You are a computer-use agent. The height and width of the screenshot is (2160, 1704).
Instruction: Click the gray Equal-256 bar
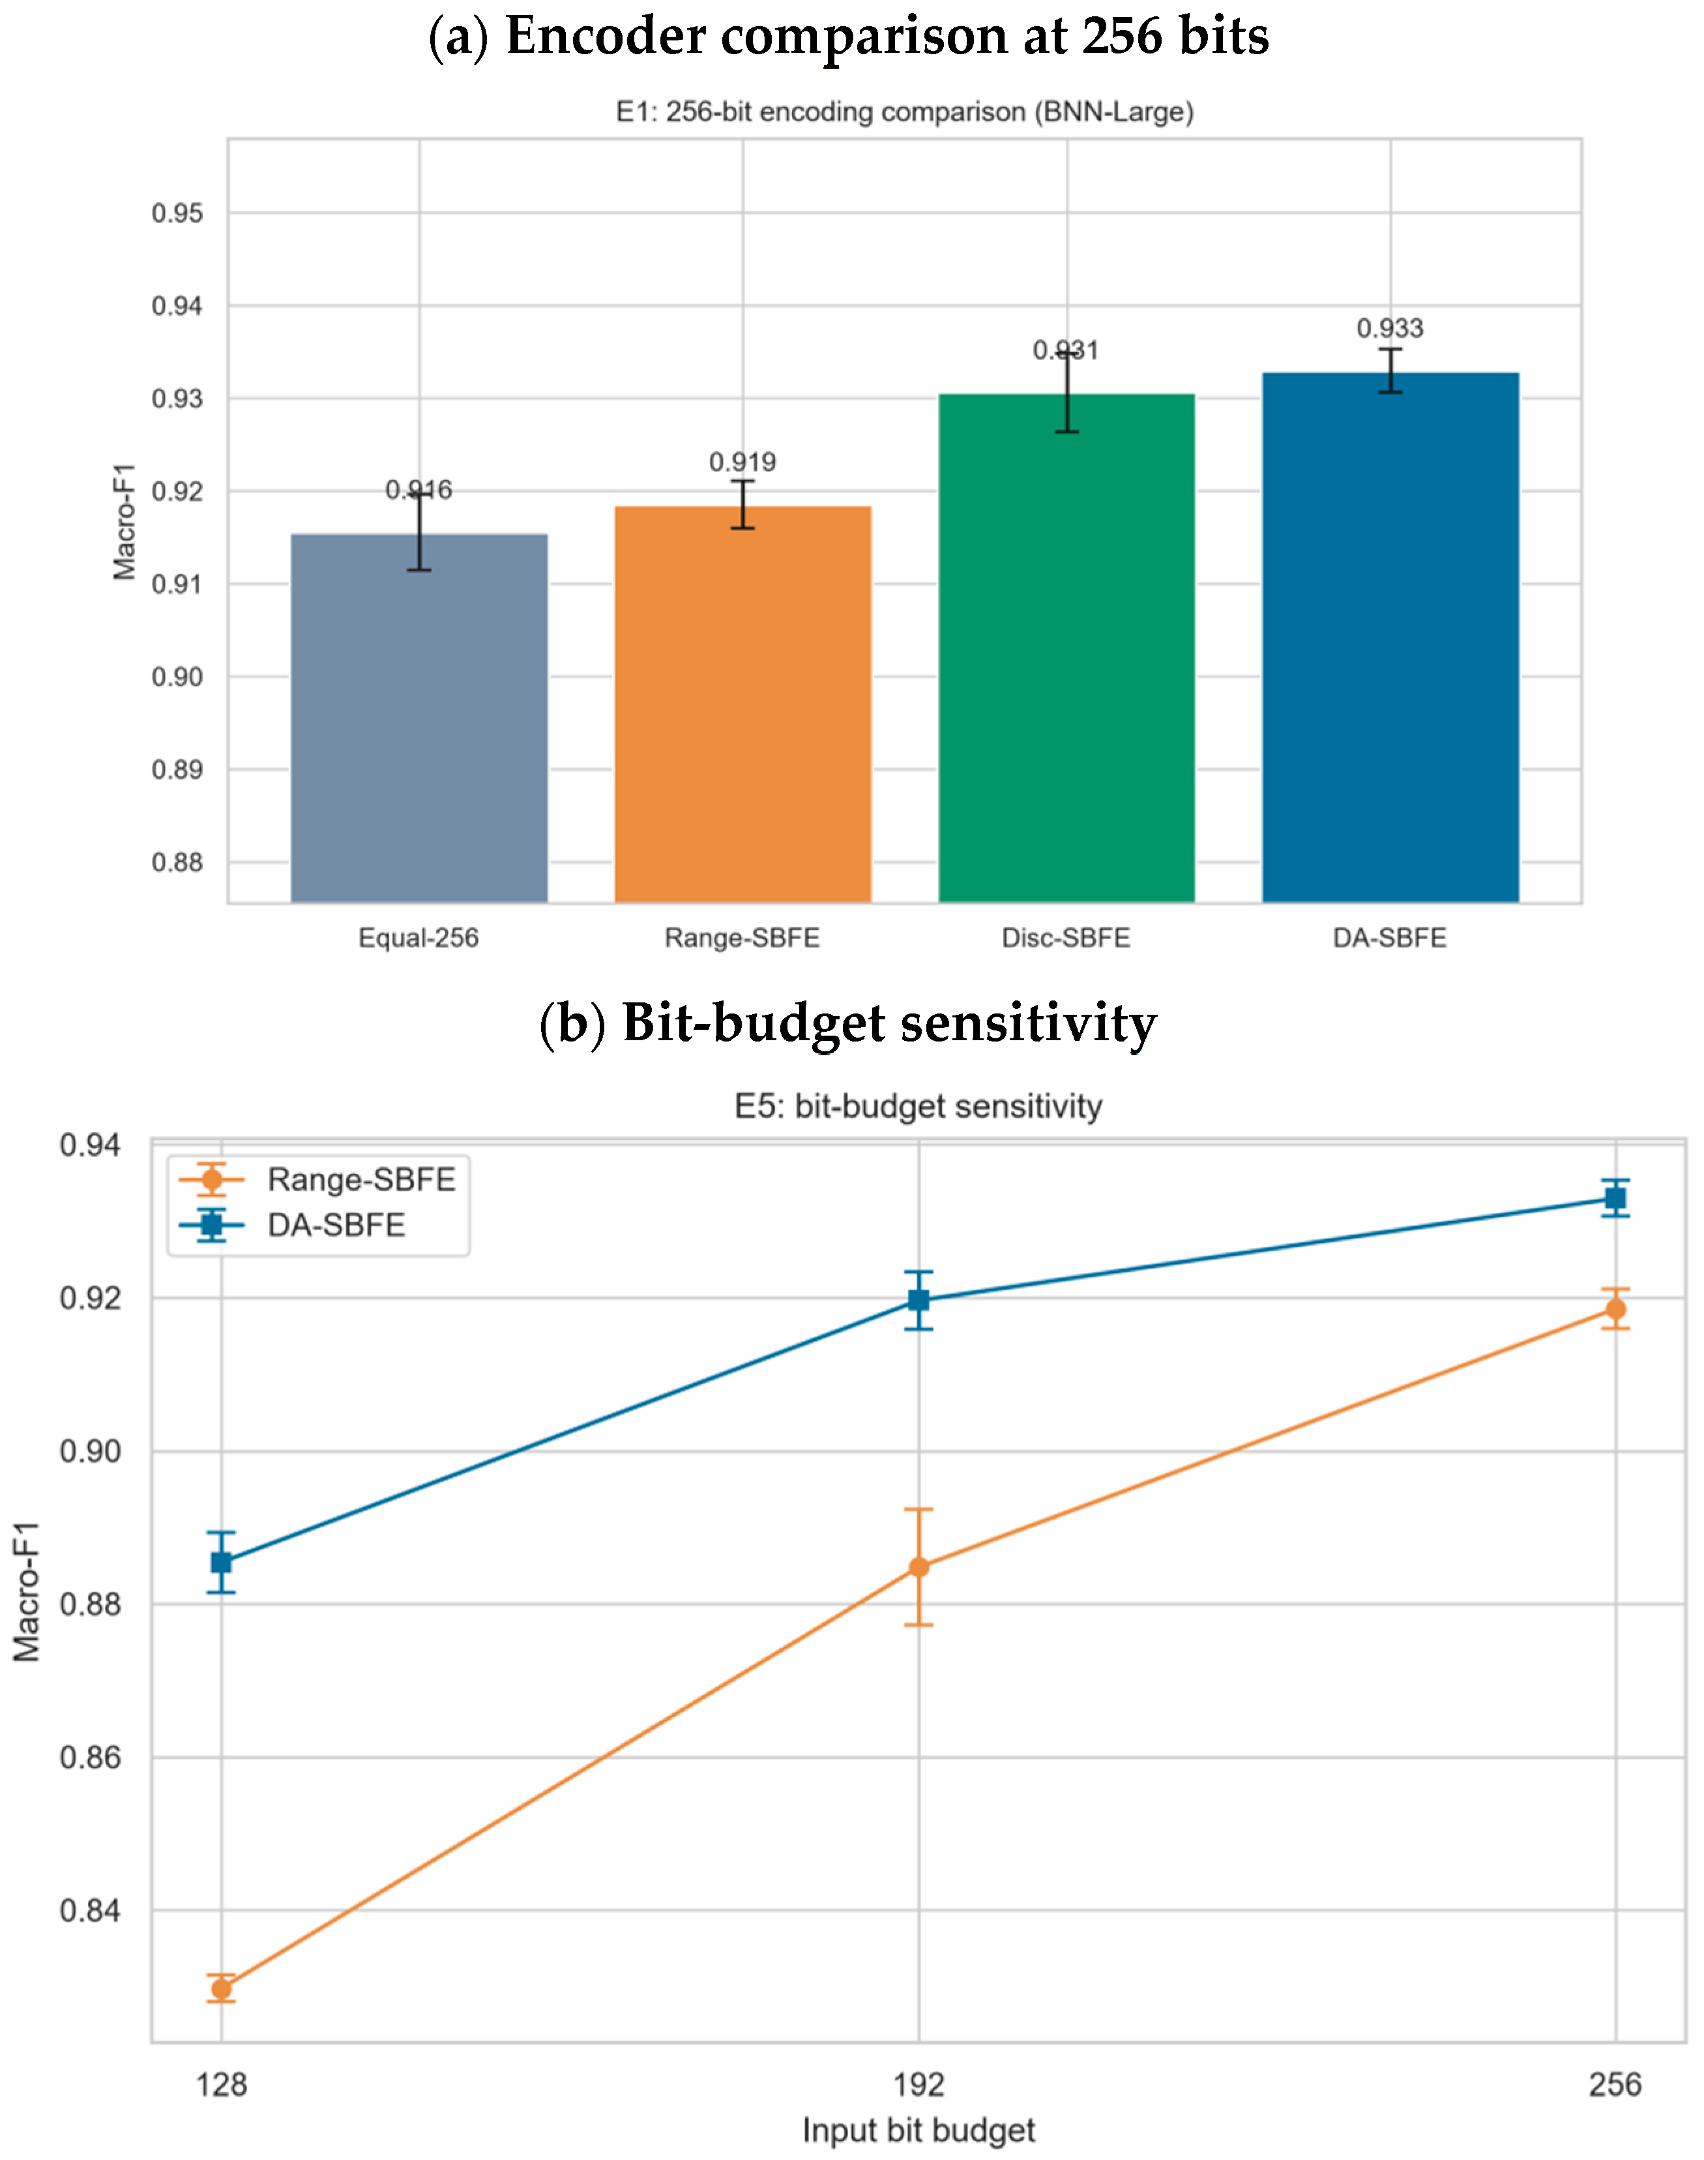click(419, 719)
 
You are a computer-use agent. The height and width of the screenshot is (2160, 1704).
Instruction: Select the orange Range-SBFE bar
click(742, 705)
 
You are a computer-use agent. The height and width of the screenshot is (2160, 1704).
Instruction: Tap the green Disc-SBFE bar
click(1066, 649)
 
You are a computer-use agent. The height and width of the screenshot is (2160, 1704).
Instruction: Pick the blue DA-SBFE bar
click(1390, 638)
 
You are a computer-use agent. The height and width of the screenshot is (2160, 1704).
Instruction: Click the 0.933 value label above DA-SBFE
click(1390, 329)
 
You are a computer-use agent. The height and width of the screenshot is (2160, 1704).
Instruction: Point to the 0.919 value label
click(742, 462)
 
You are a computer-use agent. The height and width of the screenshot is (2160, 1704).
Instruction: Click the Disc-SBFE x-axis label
click(1066, 938)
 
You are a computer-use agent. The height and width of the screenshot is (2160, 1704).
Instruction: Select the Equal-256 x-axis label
click(419, 938)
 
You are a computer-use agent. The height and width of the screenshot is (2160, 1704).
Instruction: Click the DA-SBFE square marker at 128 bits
click(222, 1561)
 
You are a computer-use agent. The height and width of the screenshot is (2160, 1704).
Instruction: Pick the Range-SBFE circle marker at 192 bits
click(919, 1567)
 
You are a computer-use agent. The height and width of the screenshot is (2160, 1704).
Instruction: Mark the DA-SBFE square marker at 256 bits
click(1615, 1199)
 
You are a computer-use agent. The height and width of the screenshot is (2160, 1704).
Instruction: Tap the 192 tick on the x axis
click(919, 2085)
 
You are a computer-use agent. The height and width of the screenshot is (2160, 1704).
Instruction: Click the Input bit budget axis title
click(919, 2131)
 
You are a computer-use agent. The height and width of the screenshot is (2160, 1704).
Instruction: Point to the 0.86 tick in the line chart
click(90, 1758)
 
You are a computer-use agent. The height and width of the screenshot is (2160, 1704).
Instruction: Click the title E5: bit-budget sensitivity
click(919, 1106)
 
